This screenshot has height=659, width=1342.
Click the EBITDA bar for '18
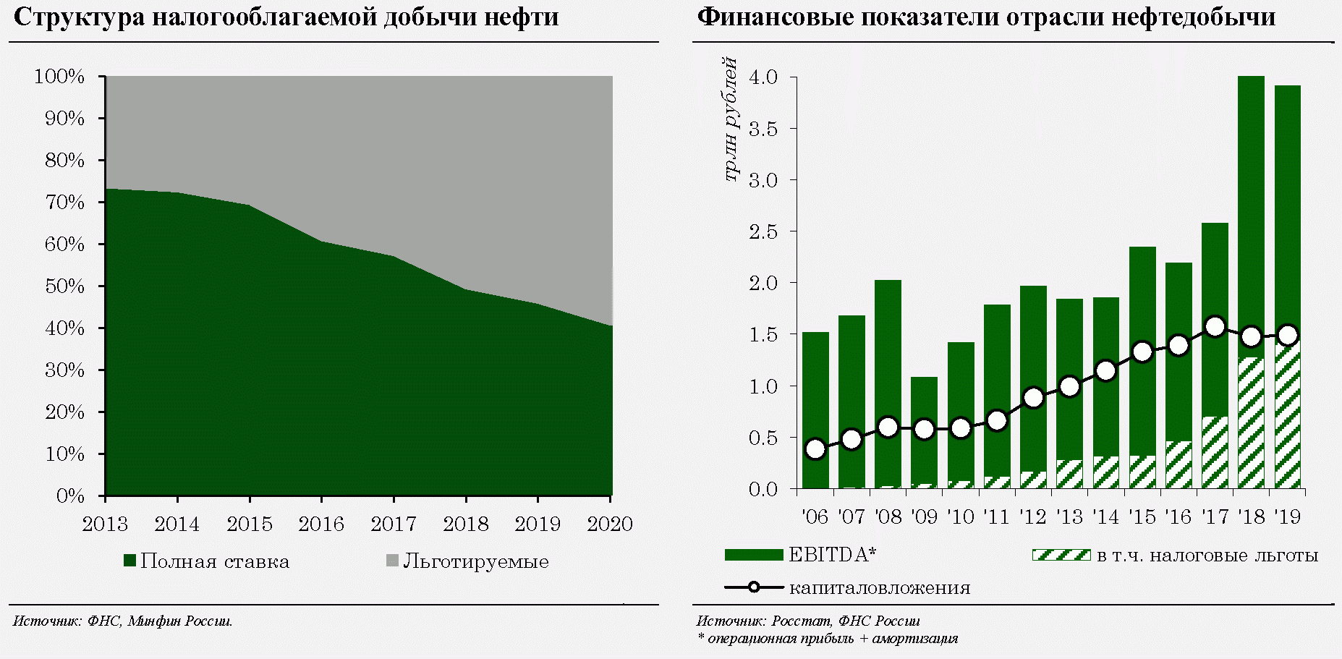(1251, 217)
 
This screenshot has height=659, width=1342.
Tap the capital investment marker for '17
(1215, 327)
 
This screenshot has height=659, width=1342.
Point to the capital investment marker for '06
(815, 449)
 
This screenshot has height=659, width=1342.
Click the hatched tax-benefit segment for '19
(1288, 420)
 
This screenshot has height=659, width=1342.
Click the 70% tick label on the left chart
(65, 203)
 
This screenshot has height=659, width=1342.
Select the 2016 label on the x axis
(321, 524)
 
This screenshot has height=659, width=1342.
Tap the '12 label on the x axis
(1033, 516)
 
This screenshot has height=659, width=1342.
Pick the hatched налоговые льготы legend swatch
(1061, 555)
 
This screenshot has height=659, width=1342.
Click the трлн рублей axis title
(731, 119)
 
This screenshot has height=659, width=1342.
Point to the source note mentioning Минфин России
(123, 621)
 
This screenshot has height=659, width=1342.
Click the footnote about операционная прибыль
(827, 639)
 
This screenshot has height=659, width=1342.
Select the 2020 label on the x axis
(609, 524)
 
